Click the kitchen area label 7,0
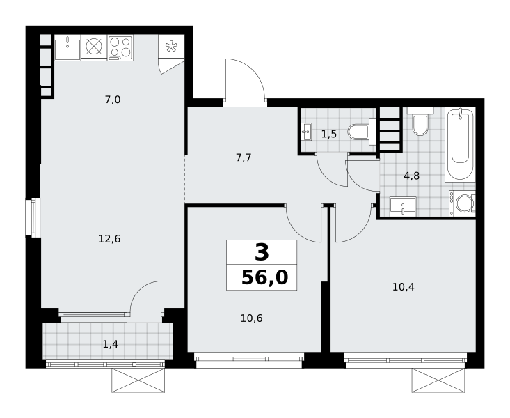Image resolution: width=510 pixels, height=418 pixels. (x=113, y=100)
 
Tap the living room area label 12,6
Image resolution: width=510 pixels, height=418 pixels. (x=110, y=240)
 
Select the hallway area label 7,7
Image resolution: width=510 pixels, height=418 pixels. (x=244, y=158)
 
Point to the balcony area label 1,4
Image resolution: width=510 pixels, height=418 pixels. (x=110, y=344)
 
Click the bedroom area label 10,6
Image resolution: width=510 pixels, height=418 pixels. (x=251, y=318)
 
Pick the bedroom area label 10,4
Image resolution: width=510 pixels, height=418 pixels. (x=404, y=287)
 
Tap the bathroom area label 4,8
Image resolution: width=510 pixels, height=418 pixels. (x=411, y=176)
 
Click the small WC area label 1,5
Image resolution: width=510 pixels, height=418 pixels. (x=329, y=134)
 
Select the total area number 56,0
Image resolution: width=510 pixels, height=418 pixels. (x=265, y=278)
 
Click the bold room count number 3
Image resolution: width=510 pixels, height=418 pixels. (x=262, y=253)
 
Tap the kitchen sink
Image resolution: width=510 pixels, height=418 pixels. (x=67, y=48)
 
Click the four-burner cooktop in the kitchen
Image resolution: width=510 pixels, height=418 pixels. (x=120, y=47)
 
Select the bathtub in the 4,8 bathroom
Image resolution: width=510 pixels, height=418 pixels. (x=460, y=144)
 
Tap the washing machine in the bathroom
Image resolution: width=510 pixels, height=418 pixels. (x=462, y=203)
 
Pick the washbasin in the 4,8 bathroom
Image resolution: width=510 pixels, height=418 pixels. (x=403, y=206)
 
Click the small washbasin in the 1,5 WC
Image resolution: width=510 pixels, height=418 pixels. (x=306, y=132)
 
